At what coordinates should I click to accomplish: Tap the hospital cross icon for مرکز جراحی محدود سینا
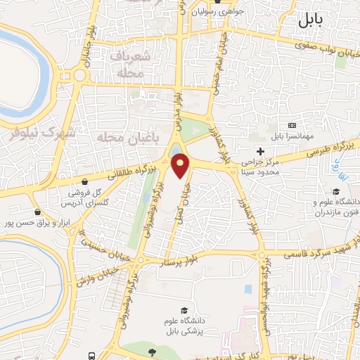tap(260, 151)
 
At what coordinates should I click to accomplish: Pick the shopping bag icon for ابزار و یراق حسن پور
tap(37, 211)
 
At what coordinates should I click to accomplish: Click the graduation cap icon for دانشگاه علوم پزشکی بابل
tap(184, 311)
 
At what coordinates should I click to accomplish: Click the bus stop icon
tap(92, 356)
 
